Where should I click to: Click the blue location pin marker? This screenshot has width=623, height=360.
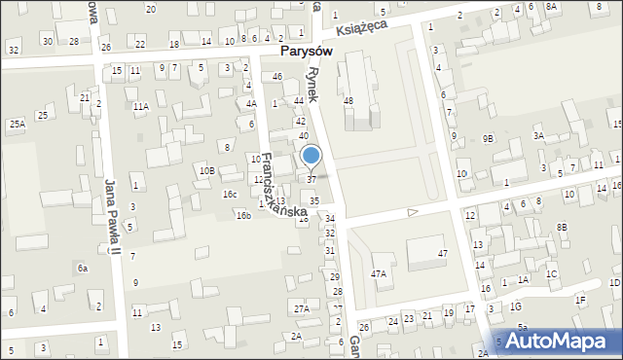[311, 156]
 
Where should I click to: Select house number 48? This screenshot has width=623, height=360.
[348, 101]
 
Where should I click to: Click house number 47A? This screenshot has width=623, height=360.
[378, 274]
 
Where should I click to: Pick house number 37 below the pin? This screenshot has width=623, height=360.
[311, 179]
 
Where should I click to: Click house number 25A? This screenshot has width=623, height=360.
[18, 125]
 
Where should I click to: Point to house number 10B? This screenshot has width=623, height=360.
[206, 171]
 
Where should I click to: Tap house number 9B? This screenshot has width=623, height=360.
[488, 139]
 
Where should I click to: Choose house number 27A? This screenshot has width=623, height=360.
[302, 309]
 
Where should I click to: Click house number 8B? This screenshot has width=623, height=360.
[562, 227]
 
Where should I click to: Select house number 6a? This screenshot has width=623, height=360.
[84, 268]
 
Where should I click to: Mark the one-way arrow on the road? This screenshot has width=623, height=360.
[413, 211]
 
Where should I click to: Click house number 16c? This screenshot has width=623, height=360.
[229, 195]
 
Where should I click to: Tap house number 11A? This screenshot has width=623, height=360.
[141, 106]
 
